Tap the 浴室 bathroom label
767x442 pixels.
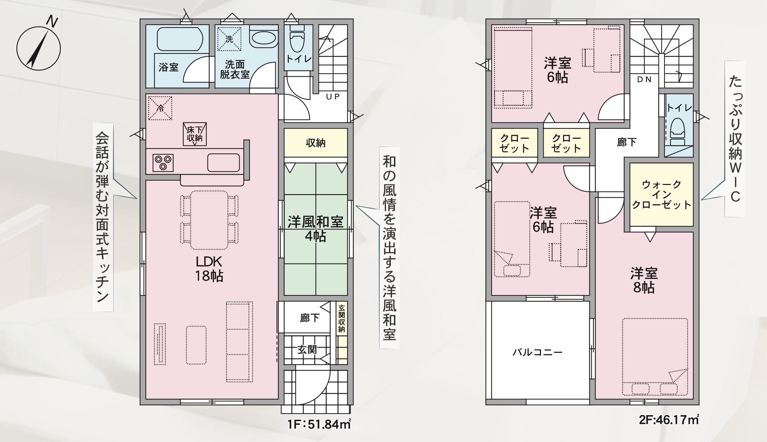tap(168, 67)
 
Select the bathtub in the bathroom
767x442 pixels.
tap(180, 39)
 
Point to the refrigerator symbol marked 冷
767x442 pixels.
tap(160, 108)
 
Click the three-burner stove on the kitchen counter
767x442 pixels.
tap(163, 163)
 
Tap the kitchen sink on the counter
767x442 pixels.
tap(223, 163)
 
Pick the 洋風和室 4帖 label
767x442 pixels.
tap(315, 229)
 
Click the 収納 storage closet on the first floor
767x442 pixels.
tap(316, 143)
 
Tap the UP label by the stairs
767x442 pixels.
tap(333, 97)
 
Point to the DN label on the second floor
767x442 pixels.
tap(644, 80)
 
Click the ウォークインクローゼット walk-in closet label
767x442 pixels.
tap(662, 195)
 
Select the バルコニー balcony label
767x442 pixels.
tap(538, 352)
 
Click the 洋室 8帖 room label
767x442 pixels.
tap(644, 281)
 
